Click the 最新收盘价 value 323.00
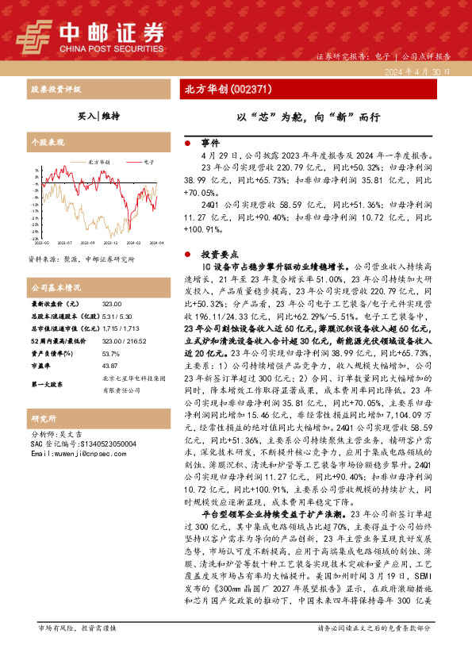pyautogui.click(x=112, y=305)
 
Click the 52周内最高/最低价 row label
pyautogui.click(x=59, y=341)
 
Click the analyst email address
pyautogui.click(x=76, y=453)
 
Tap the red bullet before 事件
pyautogui.click(x=187, y=144)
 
